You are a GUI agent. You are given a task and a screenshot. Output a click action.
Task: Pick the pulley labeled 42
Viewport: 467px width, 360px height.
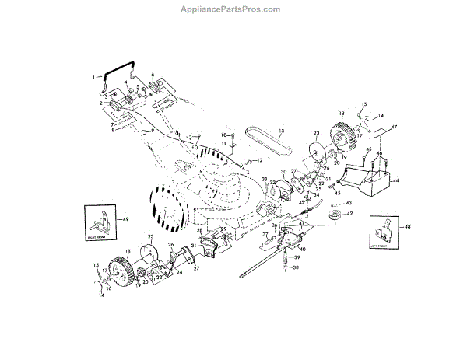coord(336,213)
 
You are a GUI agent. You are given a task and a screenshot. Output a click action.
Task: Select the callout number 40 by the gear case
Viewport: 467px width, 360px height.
coord(302,249)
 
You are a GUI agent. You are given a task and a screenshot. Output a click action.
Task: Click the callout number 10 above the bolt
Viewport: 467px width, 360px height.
coord(222,135)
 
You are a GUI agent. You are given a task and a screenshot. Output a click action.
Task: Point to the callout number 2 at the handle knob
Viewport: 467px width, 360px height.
coord(101,103)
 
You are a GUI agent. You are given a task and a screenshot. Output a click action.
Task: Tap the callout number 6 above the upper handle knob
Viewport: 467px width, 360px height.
coord(152,75)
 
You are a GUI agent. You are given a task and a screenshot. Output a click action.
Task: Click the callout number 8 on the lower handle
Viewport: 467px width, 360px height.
coord(112,130)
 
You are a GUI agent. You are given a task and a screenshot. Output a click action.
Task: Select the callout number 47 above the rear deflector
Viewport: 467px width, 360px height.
coord(394,127)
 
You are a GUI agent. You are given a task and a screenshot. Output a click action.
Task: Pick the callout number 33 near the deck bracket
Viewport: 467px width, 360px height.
coord(264,180)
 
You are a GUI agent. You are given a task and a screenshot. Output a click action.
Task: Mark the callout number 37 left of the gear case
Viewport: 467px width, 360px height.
coord(265,234)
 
